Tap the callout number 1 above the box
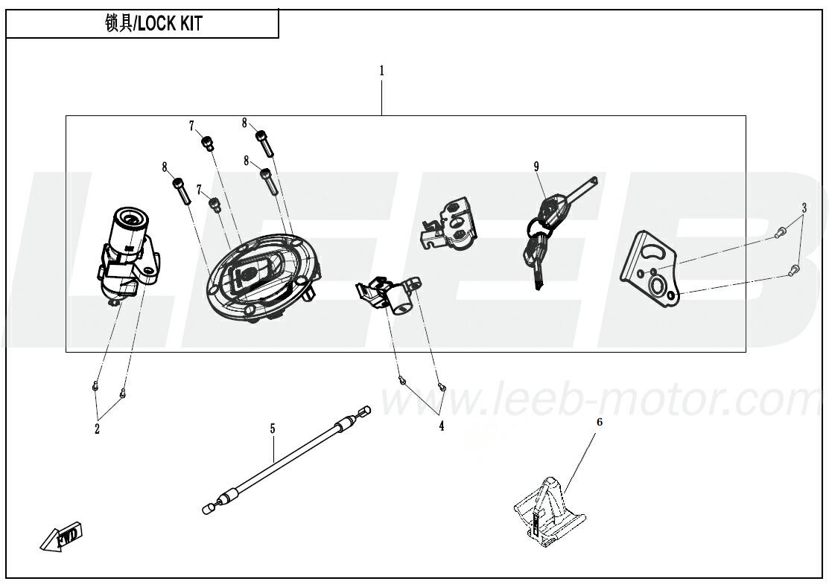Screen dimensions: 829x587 (x=381, y=71)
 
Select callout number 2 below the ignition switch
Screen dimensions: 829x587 (x=98, y=429)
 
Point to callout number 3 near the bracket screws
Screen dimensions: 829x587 (x=804, y=208)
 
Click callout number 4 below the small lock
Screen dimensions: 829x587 (x=442, y=426)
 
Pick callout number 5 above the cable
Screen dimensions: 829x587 (x=273, y=429)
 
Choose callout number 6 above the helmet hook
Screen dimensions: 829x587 (x=600, y=423)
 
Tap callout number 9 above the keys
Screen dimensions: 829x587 (x=536, y=167)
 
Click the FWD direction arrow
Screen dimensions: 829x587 (x=62, y=536)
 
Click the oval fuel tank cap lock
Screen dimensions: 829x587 (x=262, y=278)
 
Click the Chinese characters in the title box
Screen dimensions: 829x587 (x=119, y=25)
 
